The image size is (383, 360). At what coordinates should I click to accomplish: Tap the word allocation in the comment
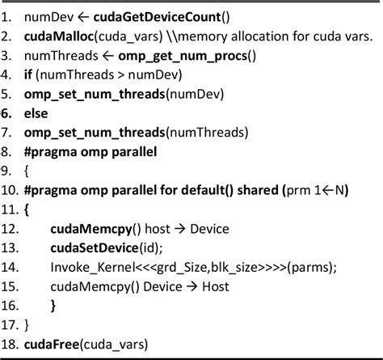tap(242, 36)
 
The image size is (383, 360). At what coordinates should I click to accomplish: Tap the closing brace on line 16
tap(53, 306)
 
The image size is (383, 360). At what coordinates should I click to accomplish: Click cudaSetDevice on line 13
tap(91, 248)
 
